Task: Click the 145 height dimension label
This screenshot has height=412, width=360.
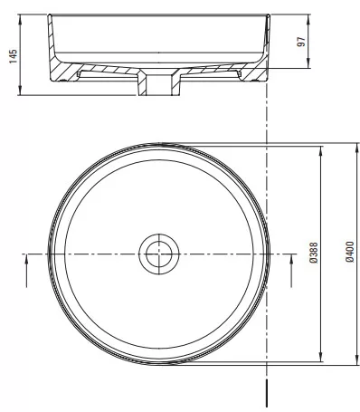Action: click(14, 56)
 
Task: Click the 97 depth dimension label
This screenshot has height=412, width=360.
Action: click(301, 42)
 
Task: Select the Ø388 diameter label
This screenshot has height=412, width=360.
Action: click(314, 253)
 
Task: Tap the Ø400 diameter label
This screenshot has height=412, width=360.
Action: click(350, 252)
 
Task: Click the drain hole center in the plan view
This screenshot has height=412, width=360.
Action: click(159, 254)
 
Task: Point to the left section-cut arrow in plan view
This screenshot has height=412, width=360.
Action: click(26, 271)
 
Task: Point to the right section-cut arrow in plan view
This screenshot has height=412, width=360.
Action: click(291, 271)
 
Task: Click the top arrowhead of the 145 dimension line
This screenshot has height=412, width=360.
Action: click(20, 19)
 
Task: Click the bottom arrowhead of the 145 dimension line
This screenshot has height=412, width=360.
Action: click(20, 91)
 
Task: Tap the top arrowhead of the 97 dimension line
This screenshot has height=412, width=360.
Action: click(308, 19)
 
